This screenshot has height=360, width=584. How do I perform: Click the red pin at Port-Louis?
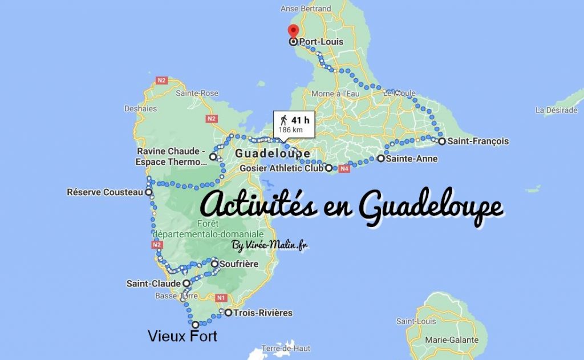pos(293,33)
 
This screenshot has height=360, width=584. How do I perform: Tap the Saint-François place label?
pos(477,141)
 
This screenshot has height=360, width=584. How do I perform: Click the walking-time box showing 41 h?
pos(295,123)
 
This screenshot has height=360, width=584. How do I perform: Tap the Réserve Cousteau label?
pos(105,193)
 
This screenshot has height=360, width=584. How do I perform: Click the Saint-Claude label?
pos(154,283)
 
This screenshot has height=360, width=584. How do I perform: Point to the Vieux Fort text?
pos(182,337)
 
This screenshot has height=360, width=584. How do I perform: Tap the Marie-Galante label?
pos(451,340)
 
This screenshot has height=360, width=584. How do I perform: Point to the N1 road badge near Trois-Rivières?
pos(222,297)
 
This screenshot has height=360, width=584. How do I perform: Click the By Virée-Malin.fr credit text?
pos(270,245)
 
